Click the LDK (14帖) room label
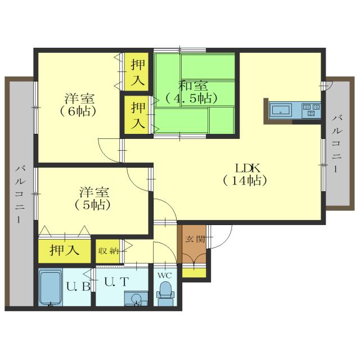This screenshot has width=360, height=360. click(x=244, y=174)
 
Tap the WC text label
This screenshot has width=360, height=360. click(x=164, y=276)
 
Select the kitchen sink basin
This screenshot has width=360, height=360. click(x=281, y=110)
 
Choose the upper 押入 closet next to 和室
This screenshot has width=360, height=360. click(x=137, y=71)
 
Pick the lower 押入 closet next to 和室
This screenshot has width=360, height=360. click(x=137, y=114)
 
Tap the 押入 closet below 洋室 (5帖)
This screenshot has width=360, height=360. click(x=64, y=250)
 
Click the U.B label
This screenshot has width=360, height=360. click(x=78, y=286)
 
